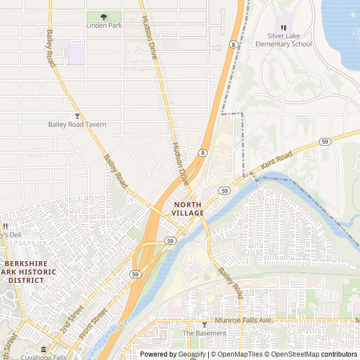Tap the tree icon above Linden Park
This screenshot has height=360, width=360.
coord(103,17)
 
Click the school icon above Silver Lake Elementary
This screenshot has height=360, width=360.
coord(283,28)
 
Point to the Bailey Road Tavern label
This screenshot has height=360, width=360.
coord(77,124)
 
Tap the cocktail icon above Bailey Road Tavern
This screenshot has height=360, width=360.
coord(77,116)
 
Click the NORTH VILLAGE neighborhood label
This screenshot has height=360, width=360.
coord(188,209)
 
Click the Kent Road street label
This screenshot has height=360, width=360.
coord(277,161)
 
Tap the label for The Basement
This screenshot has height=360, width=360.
coord(204,333)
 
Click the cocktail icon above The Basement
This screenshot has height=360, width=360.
coord(204,325)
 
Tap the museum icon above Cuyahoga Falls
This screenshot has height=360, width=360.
coord(44,349)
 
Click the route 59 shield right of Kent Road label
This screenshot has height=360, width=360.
coord(325,142)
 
